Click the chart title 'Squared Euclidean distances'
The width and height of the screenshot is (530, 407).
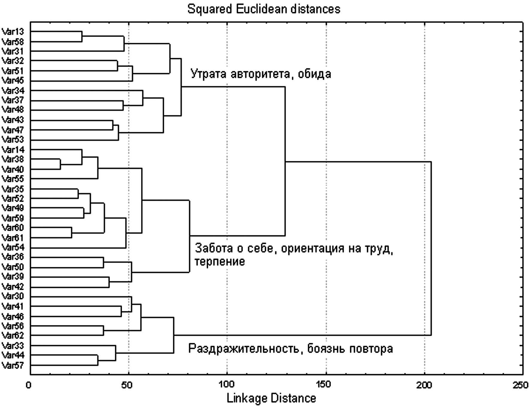click(264, 9)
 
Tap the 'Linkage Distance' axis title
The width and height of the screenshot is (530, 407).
click(271, 398)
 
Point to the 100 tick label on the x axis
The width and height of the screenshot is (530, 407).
click(227, 385)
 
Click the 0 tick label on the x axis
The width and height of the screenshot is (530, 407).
click(29, 385)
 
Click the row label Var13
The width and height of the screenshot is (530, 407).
click(13, 31)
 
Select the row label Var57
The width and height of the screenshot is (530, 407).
click(13, 365)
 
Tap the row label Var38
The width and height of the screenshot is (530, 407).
click(13, 159)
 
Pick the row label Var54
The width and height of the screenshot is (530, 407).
click(13, 248)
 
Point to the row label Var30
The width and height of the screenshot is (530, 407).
click(13, 296)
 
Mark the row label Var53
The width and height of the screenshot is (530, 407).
click(13, 140)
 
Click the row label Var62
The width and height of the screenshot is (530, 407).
click(13, 335)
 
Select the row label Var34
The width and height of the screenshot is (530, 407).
click(13, 91)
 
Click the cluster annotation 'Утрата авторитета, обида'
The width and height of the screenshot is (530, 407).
click(261, 74)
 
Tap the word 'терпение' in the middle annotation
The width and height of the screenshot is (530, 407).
click(220, 262)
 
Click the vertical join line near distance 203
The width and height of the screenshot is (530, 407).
click(431, 248)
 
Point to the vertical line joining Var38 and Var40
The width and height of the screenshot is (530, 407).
click(60, 164)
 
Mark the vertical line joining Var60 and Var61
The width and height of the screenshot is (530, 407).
click(72, 233)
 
